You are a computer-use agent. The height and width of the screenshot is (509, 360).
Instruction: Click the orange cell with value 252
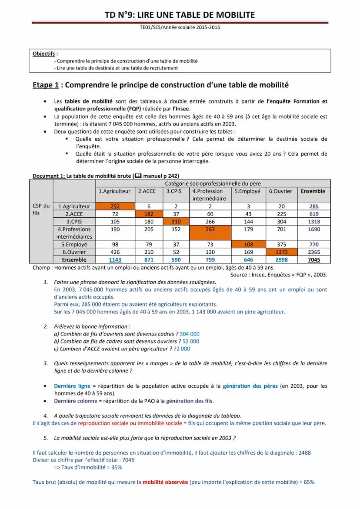[115, 206]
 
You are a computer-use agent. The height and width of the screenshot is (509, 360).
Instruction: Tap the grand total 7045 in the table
[313, 260]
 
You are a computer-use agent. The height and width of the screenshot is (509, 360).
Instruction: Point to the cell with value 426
[115, 252]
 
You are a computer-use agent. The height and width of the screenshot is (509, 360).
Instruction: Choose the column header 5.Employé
[247, 191]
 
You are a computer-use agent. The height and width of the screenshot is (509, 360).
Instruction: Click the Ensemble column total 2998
[281, 260]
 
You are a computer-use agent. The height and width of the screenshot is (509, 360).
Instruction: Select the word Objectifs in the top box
[44, 54]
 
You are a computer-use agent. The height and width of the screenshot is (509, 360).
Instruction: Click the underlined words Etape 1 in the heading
[46, 85]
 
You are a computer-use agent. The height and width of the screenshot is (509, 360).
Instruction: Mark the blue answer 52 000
[191, 341]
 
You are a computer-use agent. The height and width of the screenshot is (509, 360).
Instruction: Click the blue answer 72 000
[181, 349]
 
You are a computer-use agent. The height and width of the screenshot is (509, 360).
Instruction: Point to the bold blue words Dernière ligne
[72, 386]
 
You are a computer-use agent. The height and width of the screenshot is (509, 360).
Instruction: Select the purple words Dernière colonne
[75, 401]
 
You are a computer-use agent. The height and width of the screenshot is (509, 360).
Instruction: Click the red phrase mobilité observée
[165, 482]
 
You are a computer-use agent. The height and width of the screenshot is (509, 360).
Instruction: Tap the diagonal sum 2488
[304, 452]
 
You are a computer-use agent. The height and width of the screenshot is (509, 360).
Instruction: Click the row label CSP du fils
[41, 210]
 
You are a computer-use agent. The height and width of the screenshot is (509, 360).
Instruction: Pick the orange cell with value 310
[174, 222]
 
